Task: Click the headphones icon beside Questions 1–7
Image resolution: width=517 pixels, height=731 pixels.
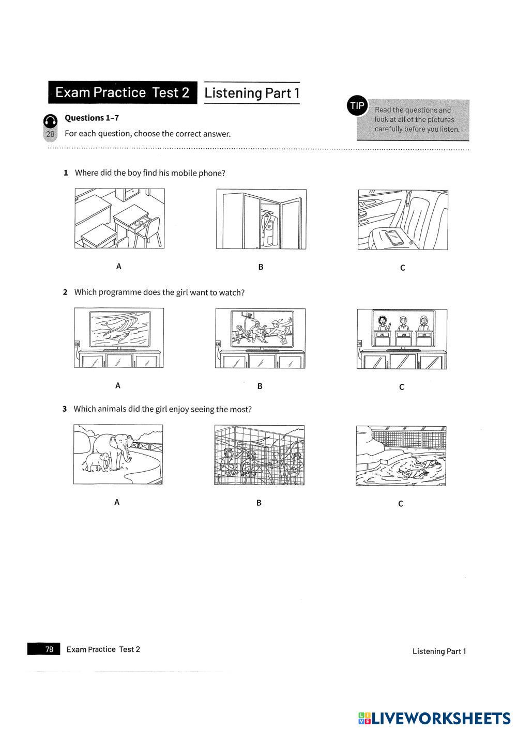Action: point(50,121)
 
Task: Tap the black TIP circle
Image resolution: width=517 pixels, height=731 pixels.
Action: point(357,106)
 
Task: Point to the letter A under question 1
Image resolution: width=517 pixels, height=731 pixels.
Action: point(118,267)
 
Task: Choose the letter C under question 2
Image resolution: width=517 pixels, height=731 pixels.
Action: point(402,387)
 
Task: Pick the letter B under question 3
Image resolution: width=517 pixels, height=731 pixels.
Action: point(259,503)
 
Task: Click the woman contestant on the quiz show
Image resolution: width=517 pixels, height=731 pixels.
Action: point(383,323)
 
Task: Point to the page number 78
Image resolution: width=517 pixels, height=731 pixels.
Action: point(49,649)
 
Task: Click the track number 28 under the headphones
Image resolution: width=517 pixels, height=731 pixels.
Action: point(50,134)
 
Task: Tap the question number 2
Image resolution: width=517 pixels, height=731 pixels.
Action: point(65,292)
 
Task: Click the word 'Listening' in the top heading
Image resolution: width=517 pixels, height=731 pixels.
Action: point(233,93)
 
